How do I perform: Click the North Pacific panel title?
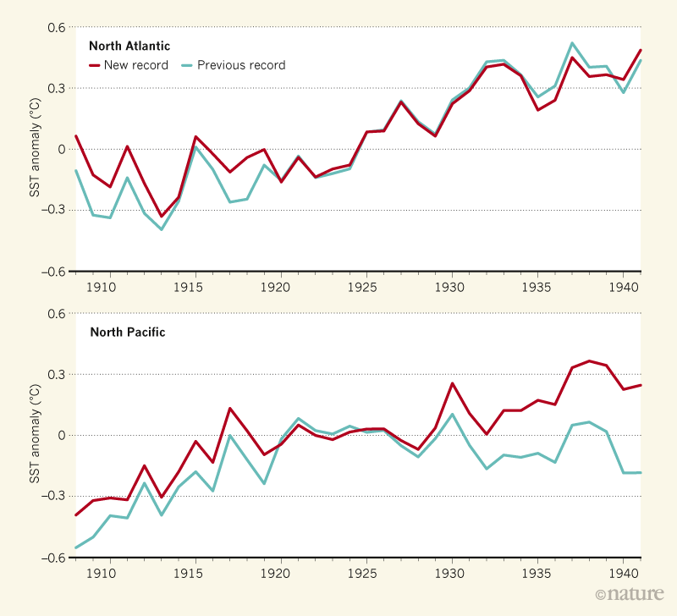point(128,332)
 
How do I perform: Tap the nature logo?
point(628,595)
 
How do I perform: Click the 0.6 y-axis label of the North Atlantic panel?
point(56,27)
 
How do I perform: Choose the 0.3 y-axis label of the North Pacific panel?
point(56,374)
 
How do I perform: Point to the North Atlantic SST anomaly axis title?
point(35,149)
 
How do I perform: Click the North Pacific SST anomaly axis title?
point(35,435)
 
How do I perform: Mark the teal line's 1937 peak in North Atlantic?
point(572,43)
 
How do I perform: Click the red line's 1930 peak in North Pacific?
point(452,383)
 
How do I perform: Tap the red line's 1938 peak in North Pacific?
point(590,360)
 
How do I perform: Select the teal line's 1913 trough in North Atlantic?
point(161,229)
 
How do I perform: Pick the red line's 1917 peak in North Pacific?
point(230,408)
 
